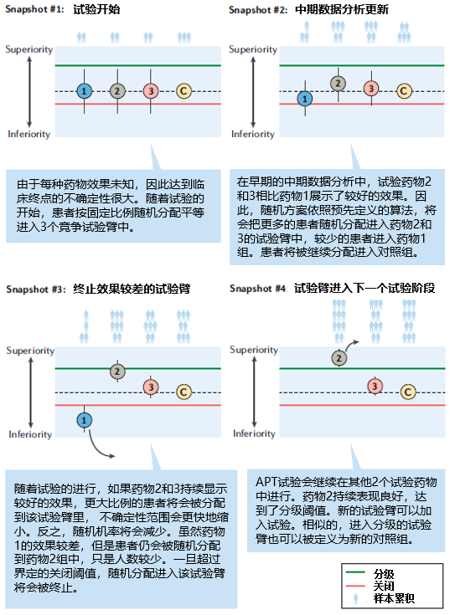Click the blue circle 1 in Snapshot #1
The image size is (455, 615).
point(84,91)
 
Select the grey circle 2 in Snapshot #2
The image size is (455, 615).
point(338,84)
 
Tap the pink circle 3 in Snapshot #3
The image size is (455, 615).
point(151,387)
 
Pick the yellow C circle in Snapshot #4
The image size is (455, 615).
point(408,392)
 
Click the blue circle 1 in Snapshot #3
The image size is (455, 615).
point(84,420)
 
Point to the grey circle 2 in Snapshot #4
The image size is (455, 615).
point(339,358)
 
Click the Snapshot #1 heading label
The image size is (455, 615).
point(34,9)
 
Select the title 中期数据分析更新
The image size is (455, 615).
point(341,9)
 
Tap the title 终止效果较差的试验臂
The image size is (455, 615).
point(132,289)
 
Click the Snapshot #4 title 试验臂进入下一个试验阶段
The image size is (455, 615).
point(365,289)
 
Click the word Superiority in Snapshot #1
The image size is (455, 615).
point(29,50)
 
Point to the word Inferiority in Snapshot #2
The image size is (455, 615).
point(253,134)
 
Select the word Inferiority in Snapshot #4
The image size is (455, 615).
point(254,433)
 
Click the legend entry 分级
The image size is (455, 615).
point(384,574)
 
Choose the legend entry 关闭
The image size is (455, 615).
point(384,586)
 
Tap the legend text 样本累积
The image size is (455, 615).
point(394,598)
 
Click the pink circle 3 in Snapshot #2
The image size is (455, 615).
point(371,88)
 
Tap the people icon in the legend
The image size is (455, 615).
point(356,598)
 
